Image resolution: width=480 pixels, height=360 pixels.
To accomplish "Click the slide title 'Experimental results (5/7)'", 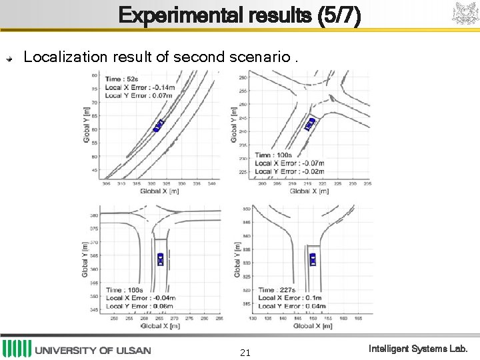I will pyautogui.click(x=240, y=15).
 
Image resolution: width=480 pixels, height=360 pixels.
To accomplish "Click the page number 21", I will pyautogui.click(x=245, y=352).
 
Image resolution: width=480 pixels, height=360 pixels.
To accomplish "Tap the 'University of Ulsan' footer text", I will pyautogui.click(x=93, y=350).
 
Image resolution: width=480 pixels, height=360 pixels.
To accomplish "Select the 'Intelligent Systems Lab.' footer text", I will pyautogui.click(x=419, y=349).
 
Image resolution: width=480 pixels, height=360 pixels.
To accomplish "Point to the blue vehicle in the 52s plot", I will pyautogui.click(x=159, y=125).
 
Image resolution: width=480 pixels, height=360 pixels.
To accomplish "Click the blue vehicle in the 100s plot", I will pyautogui.click(x=309, y=123).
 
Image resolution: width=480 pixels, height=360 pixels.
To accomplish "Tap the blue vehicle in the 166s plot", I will pyautogui.click(x=161, y=259).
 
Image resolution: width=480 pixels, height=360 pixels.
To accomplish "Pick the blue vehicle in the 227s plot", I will pyautogui.click(x=313, y=259).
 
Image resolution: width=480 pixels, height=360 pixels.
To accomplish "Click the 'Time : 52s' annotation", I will pyautogui.click(x=121, y=79).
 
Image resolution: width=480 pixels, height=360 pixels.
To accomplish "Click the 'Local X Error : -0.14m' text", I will pyautogui.click(x=140, y=87).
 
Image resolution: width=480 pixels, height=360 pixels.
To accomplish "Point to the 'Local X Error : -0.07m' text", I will pyautogui.click(x=290, y=163).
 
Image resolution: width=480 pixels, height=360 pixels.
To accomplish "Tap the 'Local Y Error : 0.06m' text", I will pyautogui.click(x=140, y=306).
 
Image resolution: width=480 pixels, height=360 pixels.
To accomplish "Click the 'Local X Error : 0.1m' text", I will pyautogui.click(x=290, y=298).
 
